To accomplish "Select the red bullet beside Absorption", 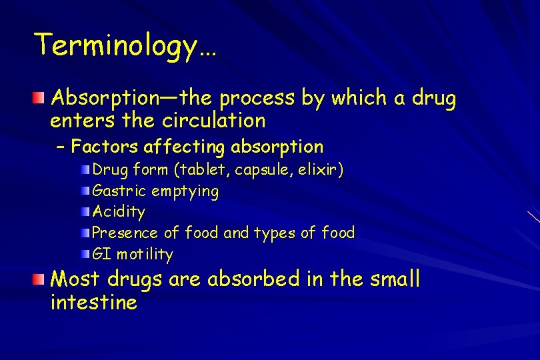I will (41, 99).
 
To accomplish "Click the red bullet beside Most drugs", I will (41, 279).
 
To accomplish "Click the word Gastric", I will (119, 191).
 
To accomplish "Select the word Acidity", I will (118, 212).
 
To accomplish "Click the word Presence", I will (125, 233).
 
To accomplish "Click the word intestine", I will (93, 302).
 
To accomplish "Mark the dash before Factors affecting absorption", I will (60, 147).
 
